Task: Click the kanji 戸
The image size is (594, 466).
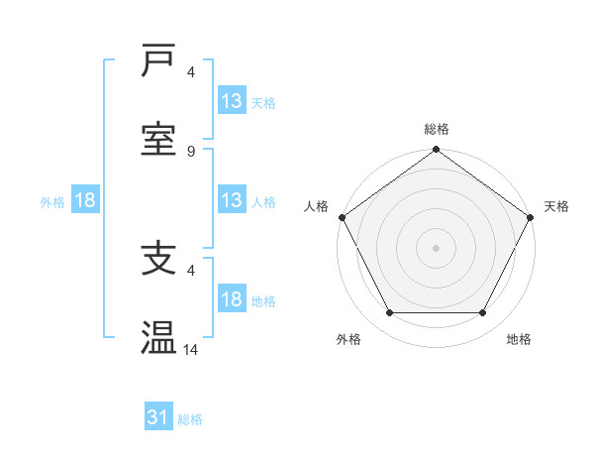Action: (x=158, y=61)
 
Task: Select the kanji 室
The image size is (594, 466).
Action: (x=158, y=138)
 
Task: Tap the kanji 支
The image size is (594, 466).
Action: (x=158, y=260)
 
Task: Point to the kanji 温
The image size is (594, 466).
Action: (x=158, y=337)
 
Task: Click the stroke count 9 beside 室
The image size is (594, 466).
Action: (x=191, y=151)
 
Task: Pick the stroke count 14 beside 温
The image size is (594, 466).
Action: (x=191, y=350)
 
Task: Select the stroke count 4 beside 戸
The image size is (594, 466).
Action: (x=191, y=72)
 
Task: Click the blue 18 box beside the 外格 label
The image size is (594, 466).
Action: (x=85, y=200)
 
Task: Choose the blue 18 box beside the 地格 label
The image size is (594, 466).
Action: (x=231, y=299)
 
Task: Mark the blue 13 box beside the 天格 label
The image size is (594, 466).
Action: (x=231, y=101)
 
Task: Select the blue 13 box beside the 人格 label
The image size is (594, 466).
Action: (x=231, y=200)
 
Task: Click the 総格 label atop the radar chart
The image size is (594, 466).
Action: (x=437, y=129)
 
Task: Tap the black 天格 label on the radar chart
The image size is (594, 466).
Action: (x=557, y=206)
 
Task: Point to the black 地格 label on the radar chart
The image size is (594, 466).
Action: (x=519, y=339)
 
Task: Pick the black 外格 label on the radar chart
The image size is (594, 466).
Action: (x=348, y=339)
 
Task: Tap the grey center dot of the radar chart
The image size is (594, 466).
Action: (x=437, y=247)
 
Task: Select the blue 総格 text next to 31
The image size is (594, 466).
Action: (x=190, y=419)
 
